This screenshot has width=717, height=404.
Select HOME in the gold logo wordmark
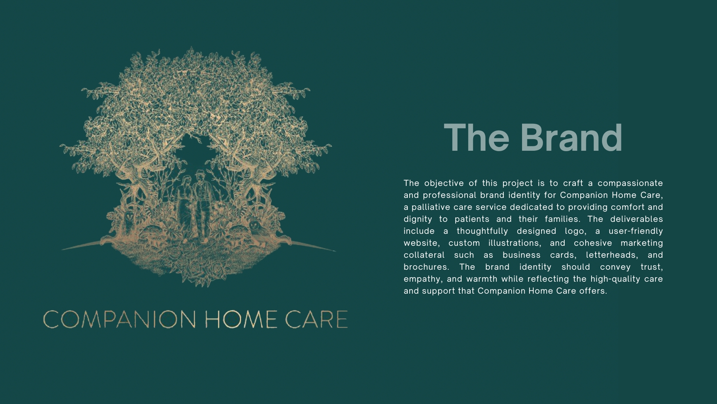click(x=241, y=319)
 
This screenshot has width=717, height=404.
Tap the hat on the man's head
click(x=201, y=173)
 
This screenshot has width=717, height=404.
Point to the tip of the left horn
click(x=62, y=250)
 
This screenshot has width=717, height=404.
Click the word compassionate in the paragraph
click(x=630, y=183)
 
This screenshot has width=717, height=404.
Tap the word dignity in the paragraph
click(x=418, y=219)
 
